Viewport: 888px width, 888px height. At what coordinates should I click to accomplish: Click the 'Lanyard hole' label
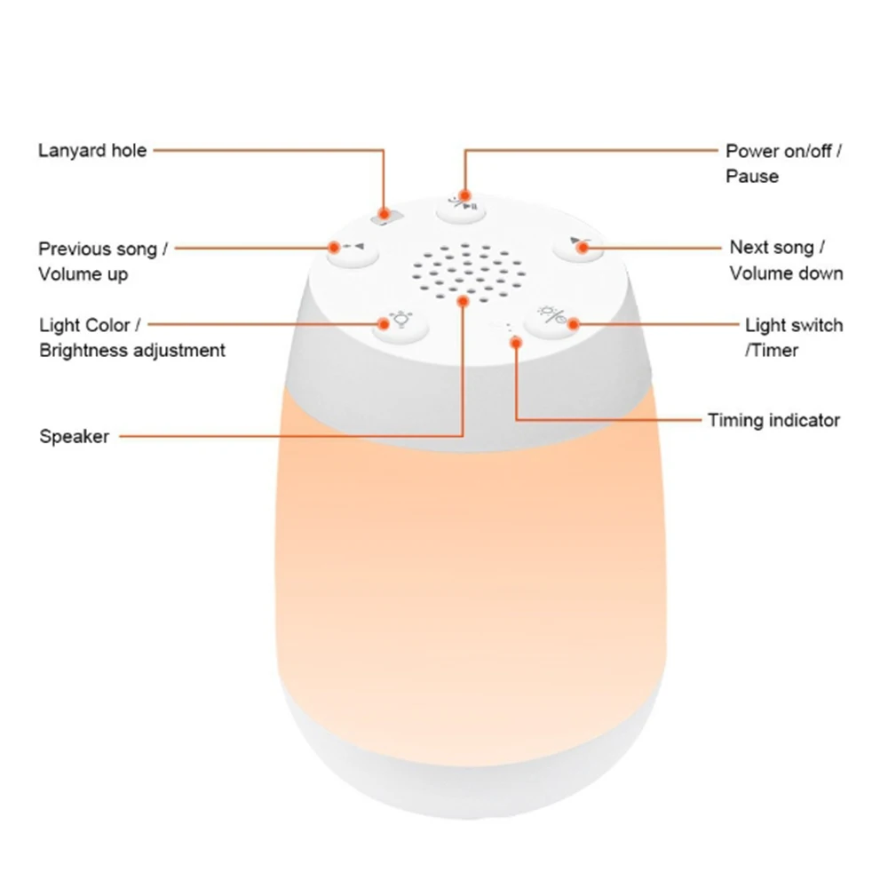tap(92, 150)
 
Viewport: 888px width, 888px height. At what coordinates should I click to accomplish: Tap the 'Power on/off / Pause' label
tap(783, 163)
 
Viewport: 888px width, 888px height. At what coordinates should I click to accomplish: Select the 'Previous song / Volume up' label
tap(102, 261)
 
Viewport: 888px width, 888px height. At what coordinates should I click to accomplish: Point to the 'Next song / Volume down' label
tap(786, 259)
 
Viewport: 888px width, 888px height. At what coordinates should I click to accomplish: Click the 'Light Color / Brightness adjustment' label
tap(132, 337)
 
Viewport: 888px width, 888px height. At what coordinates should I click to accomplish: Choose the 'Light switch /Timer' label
tap(793, 337)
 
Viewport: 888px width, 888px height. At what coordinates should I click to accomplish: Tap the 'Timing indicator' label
tap(773, 420)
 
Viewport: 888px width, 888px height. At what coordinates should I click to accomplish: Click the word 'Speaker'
tap(75, 436)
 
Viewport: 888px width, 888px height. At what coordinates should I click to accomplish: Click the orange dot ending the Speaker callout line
tap(463, 302)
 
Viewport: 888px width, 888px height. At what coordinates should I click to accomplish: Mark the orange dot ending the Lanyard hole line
tap(385, 213)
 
